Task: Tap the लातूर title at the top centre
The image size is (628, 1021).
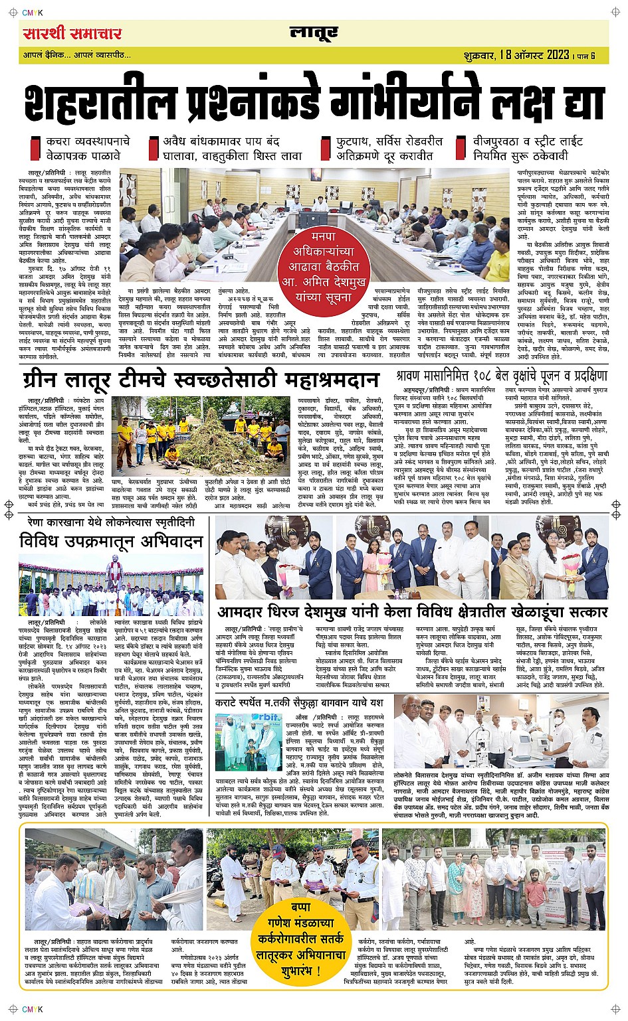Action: pyautogui.click(x=314, y=33)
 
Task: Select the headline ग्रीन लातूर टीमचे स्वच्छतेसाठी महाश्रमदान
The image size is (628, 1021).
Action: pyautogui.click(x=200, y=380)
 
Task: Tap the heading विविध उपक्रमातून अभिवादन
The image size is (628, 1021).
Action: pyautogui.click(x=112, y=542)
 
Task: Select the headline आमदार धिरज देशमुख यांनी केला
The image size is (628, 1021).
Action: pyautogui.click(x=412, y=611)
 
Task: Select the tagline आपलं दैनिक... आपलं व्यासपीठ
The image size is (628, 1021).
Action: pyautogui.click(x=76, y=55)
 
